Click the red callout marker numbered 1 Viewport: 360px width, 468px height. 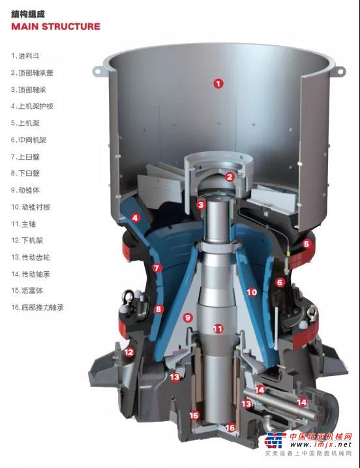click(x=218, y=83)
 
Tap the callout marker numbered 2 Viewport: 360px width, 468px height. click(x=230, y=177)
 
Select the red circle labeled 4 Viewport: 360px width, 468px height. click(x=135, y=218)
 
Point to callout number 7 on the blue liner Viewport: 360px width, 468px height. click(x=157, y=268)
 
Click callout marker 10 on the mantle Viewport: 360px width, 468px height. click(x=252, y=291)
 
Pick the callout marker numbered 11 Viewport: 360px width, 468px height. click(x=218, y=329)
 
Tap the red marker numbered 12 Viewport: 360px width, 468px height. click(x=128, y=352)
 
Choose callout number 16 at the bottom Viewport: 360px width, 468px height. click(x=230, y=428)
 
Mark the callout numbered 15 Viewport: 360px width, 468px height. click(x=194, y=415)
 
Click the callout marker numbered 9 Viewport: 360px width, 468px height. click(x=188, y=317)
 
